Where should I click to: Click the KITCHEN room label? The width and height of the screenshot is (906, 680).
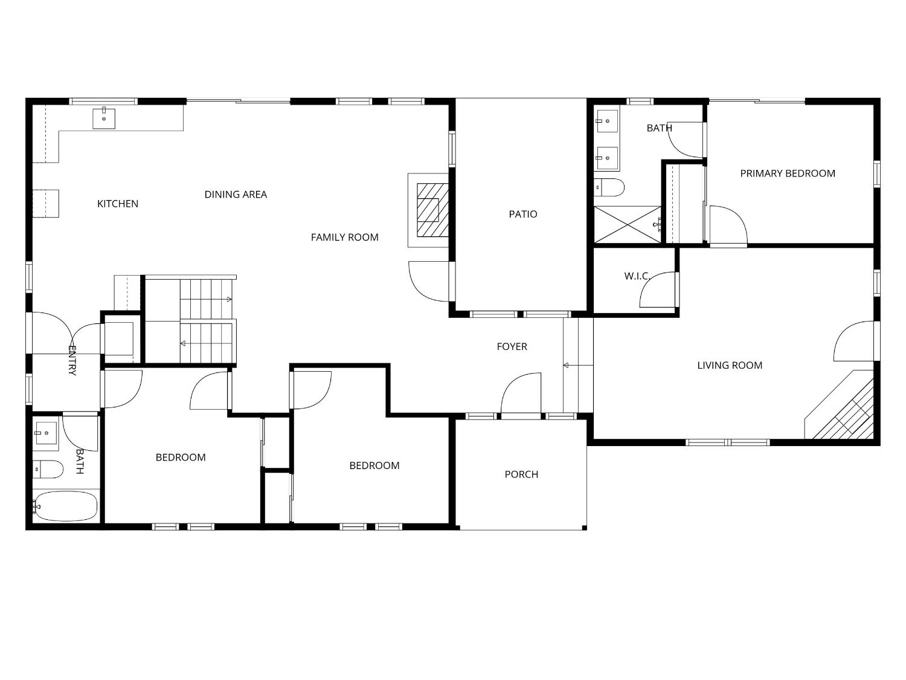point(118,204)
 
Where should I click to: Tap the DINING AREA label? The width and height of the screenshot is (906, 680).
point(236,195)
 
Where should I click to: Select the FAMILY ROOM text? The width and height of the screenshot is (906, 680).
point(344,238)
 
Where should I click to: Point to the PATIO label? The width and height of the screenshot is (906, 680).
point(522,214)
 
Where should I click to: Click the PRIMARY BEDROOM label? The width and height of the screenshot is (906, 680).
point(788,173)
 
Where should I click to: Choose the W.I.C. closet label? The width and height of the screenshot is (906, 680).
point(637,276)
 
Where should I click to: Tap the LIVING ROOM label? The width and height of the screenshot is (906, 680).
point(730,365)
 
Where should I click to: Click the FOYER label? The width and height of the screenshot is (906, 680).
point(512,346)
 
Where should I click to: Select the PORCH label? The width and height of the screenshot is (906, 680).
point(521,474)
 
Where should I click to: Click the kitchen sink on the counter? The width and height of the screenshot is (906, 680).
point(104,118)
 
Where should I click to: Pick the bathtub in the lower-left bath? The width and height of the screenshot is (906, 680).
point(65,506)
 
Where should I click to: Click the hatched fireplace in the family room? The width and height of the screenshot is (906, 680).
point(432,210)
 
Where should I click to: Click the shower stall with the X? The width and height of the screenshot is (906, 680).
point(628,225)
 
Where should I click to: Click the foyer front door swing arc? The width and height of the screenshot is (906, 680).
point(519,393)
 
